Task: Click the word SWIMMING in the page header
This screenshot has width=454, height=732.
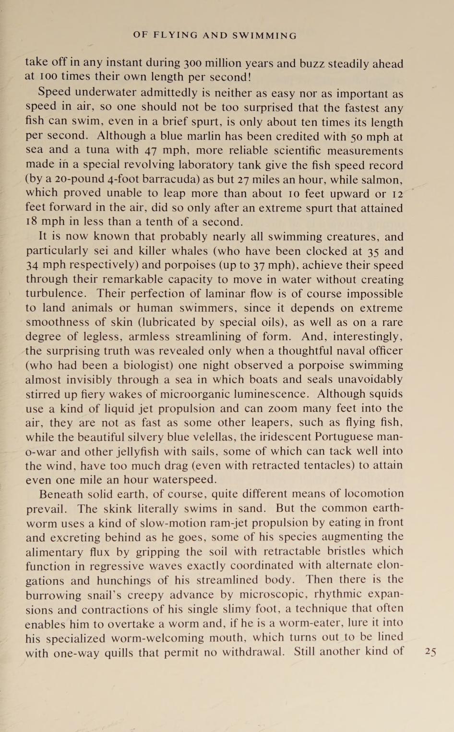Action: [264, 35]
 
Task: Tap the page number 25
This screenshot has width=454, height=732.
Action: [430, 651]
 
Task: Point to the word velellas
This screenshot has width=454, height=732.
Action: [216, 437]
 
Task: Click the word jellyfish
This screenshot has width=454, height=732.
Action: [140, 451]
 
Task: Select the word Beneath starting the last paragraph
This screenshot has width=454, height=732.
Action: [60, 494]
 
